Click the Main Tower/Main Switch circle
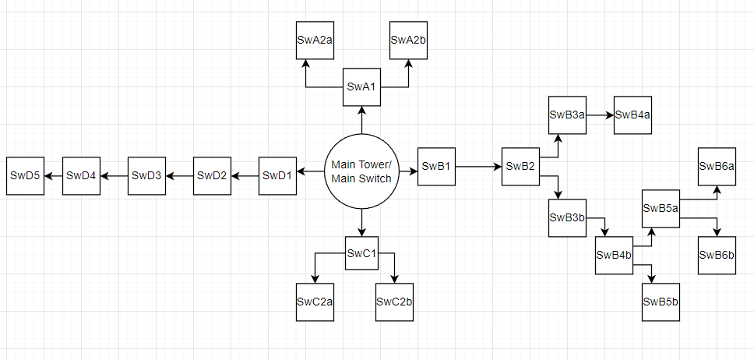pos(361,171)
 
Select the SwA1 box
pos(361,86)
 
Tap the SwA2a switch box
pos(315,41)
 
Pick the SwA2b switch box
pos(408,41)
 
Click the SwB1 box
pos(437,166)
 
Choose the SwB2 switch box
pos(520,166)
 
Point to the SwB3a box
pos(567,115)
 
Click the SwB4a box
pos(633,115)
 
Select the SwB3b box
pos(567,217)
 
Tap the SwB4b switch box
pos(615,255)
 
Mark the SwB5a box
pos(661,208)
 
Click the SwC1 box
pos(361,253)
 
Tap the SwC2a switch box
pos(315,302)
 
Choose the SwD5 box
pos(26,175)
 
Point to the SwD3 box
pos(146,175)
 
